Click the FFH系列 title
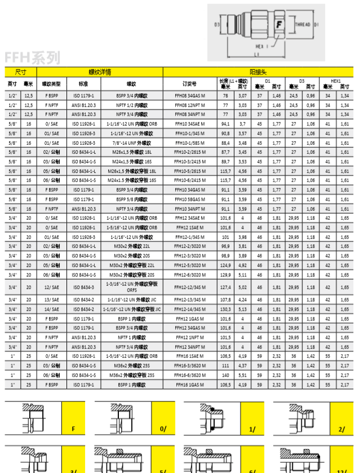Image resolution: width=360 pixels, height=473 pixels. (32, 58)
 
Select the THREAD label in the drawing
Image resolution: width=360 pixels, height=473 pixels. (303, 25)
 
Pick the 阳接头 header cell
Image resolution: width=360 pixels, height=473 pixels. (258, 72)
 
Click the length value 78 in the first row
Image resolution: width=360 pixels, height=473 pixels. (226, 96)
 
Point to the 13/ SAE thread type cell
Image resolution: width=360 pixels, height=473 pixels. (51, 299)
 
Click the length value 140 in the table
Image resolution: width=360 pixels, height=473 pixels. (226, 374)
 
